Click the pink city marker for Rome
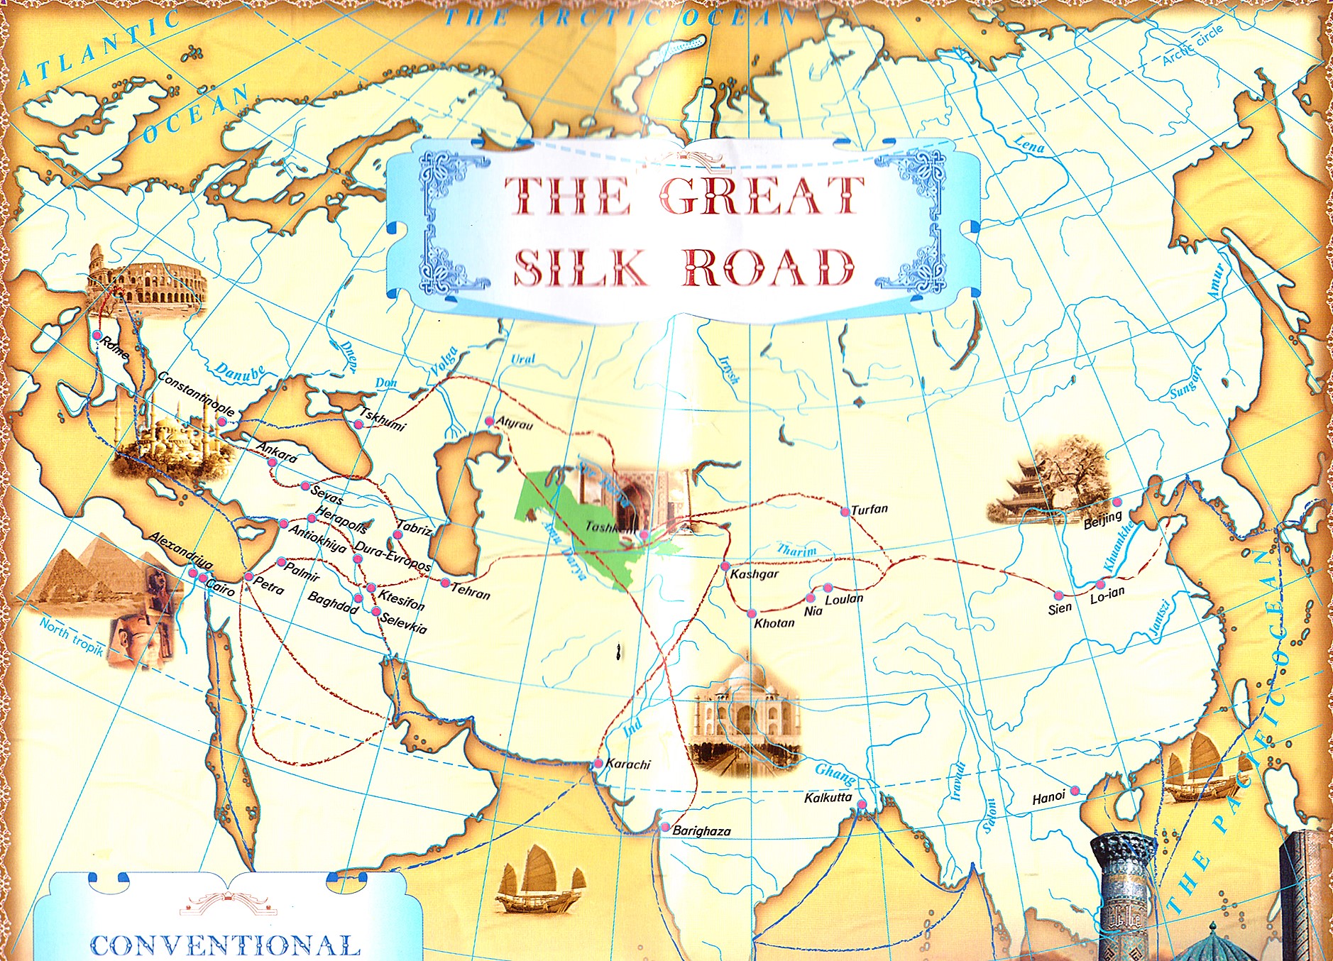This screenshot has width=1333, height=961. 97,335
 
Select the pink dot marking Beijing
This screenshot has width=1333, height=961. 1117,503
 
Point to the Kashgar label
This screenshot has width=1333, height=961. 754,574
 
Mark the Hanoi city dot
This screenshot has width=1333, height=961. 1075,791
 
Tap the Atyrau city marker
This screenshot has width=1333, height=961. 489,422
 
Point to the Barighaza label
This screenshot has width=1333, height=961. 701,830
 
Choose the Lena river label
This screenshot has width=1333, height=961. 1028,145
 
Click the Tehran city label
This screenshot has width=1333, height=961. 470,591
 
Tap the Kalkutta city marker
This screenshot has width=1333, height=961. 861,804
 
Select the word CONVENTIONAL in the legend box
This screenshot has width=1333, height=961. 225,945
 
